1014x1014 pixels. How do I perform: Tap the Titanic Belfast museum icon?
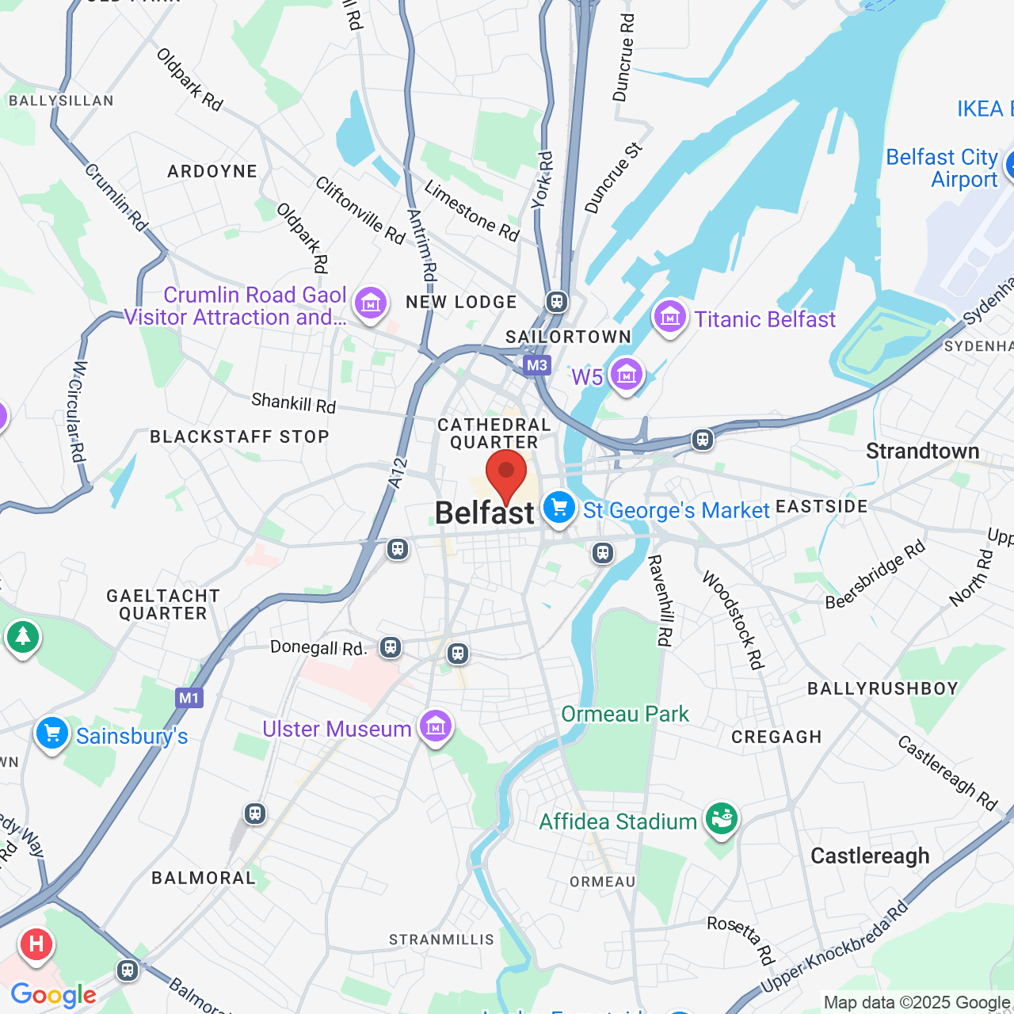click(x=669, y=317)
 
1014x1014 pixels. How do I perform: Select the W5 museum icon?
click(x=626, y=375)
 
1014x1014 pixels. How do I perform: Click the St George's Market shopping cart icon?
click(x=559, y=508)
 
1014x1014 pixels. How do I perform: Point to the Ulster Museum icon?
click(x=435, y=726)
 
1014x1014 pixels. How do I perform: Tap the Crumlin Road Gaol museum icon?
click(x=370, y=303)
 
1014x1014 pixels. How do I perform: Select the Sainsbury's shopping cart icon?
click(x=52, y=734)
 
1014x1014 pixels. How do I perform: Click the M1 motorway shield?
click(x=189, y=698)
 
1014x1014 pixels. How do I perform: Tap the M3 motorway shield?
click(x=537, y=365)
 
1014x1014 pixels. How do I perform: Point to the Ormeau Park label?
click(x=625, y=714)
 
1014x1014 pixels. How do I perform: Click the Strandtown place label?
click(x=922, y=452)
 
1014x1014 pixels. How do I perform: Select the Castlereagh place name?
click(x=870, y=856)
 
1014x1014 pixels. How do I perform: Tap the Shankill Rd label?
click(x=294, y=402)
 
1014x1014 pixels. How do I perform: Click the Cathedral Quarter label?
click(x=494, y=433)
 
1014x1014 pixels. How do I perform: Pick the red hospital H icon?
click(x=36, y=944)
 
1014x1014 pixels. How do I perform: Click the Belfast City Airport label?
click(x=942, y=168)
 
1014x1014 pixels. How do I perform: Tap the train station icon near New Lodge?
click(x=557, y=301)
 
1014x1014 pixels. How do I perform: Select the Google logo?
click(x=53, y=995)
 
